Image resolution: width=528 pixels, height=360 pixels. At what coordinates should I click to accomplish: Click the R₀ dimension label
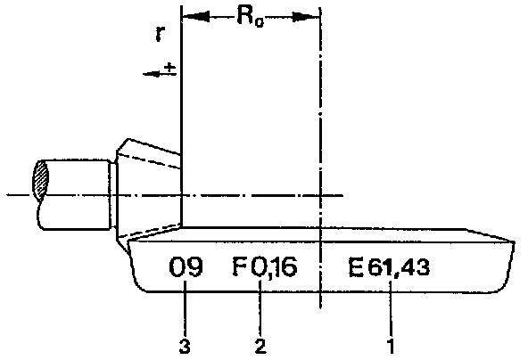tap(251, 16)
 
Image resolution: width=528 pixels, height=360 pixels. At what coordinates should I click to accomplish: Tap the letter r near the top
tap(160, 34)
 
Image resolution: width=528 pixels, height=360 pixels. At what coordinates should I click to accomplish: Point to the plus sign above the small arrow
tap(170, 68)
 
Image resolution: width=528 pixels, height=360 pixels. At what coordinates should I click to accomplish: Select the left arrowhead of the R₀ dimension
tap(195, 16)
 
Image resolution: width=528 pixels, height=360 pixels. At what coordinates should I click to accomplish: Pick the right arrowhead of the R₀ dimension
tap(306, 16)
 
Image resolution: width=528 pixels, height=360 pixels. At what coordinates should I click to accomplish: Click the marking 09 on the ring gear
tap(186, 267)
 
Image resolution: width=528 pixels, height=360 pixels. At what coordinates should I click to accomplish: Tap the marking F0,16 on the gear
tap(265, 266)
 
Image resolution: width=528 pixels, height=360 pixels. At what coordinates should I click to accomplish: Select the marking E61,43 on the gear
tap(389, 268)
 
